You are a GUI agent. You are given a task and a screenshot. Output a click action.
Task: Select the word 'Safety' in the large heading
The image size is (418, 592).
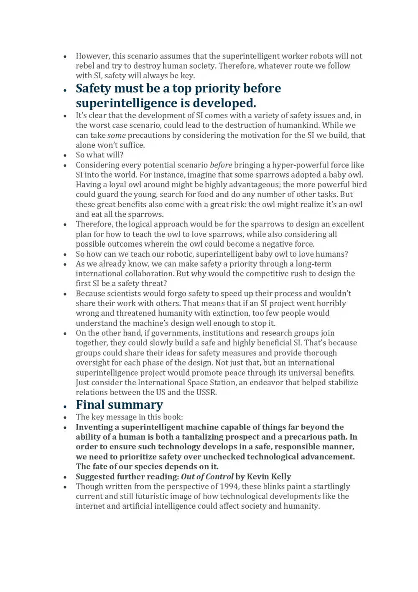pyautogui.click(x=93, y=88)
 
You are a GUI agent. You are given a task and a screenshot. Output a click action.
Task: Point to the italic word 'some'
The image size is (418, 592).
pyautogui.click(x=116, y=135)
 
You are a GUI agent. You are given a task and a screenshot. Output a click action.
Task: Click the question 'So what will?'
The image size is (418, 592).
pyautogui.click(x=99, y=155)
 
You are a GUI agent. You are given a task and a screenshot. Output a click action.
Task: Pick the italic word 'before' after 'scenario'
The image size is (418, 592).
pyautogui.click(x=221, y=165)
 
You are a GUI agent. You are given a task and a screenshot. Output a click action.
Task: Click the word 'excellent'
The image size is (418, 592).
pyautogui.click(x=347, y=224)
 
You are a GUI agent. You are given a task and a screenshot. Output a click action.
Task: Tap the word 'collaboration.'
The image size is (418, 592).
pyautogui.click(x=145, y=274)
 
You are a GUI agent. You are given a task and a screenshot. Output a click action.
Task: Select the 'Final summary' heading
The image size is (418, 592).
pyautogui.click(x=119, y=405)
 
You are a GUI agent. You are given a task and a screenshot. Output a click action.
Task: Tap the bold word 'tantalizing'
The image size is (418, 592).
pyautogui.click(x=205, y=437)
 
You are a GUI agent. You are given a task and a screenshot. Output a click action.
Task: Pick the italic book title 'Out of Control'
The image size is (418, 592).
pyautogui.click(x=207, y=477)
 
